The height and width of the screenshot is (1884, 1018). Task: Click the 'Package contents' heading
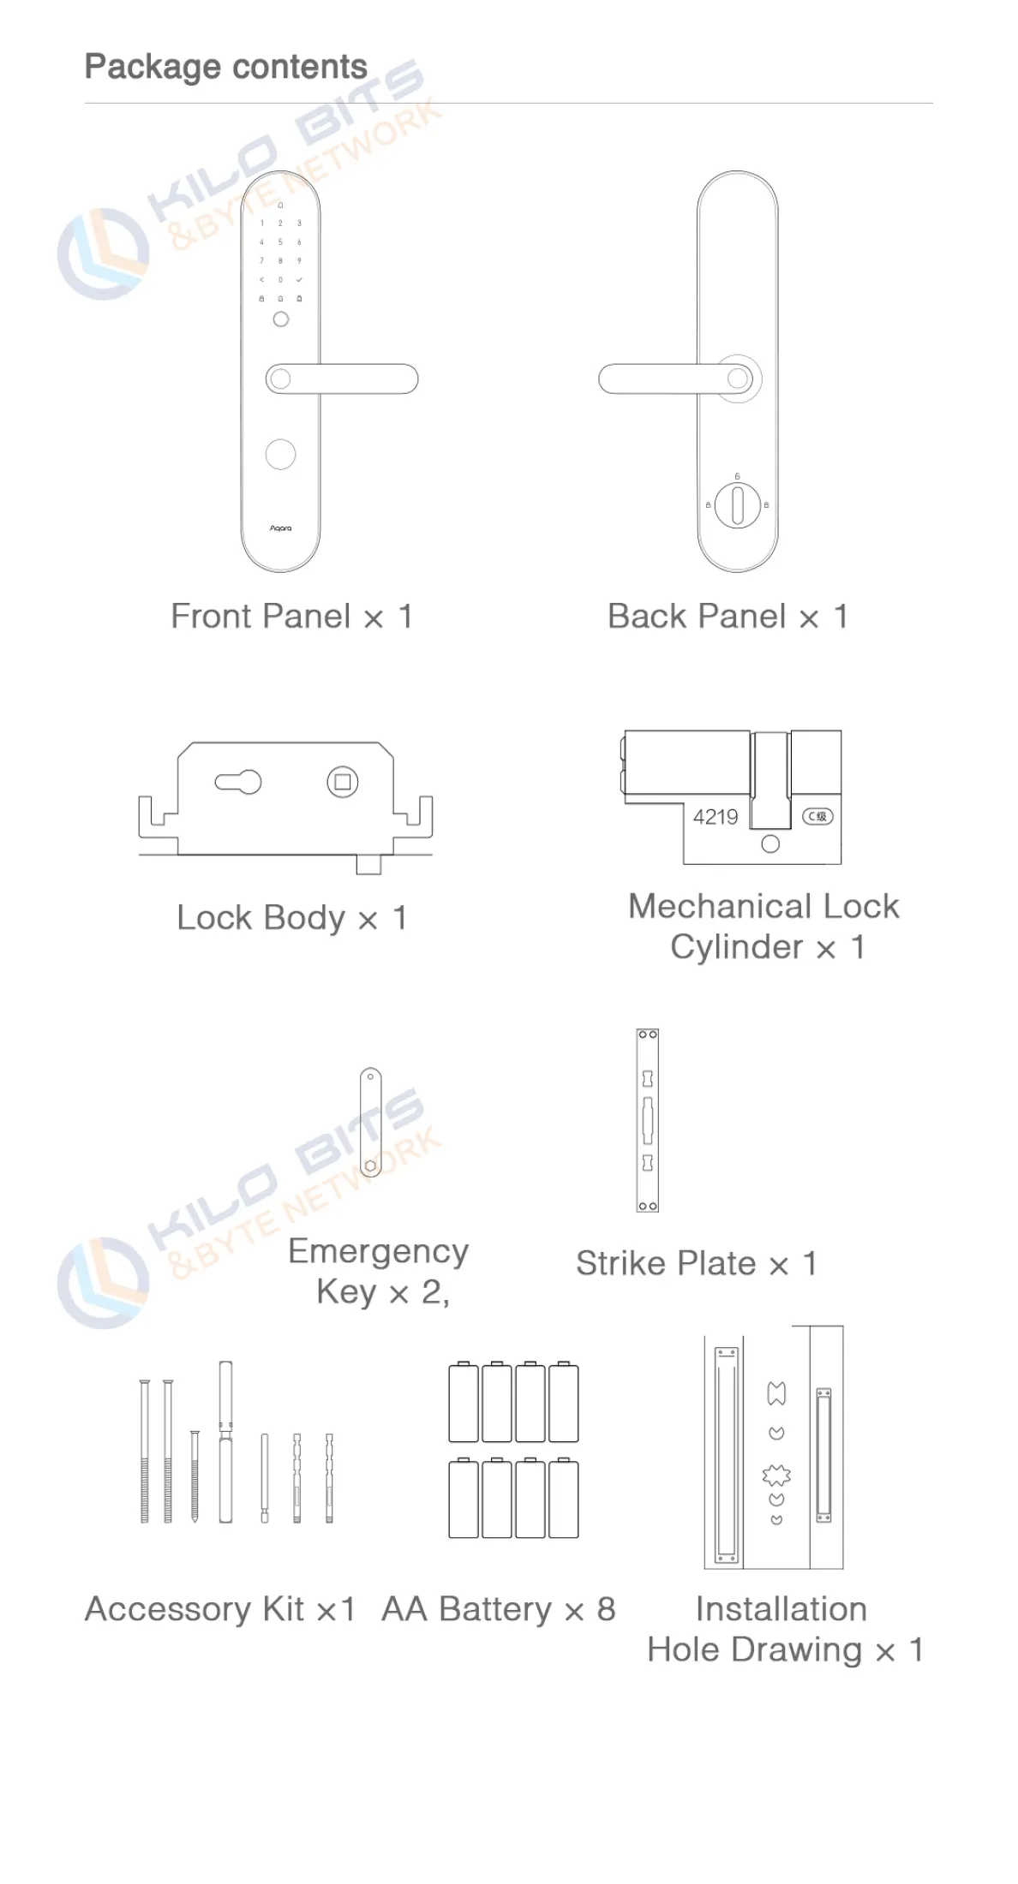(x=225, y=67)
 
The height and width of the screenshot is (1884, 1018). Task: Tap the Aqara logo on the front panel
(x=280, y=528)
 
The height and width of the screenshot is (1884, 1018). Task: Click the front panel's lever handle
(x=342, y=379)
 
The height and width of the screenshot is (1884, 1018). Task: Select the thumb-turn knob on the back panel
(x=737, y=504)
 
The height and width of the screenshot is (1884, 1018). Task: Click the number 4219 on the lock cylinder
(x=716, y=817)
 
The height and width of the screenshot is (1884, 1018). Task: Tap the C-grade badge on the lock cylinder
(x=817, y=816)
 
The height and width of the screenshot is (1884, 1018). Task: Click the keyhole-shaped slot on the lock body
(x=238, y=782)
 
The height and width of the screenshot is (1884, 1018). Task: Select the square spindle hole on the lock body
(x=343, y=782)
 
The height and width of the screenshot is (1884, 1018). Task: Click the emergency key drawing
(x=370, y=1122)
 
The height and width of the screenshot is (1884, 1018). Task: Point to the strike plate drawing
(x=648, y=1120)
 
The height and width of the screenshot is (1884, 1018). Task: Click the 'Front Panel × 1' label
(x=292, y=617)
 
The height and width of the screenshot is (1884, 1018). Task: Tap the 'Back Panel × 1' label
(x=728, y=617)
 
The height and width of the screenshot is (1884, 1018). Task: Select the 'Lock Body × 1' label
(x=292, y=918)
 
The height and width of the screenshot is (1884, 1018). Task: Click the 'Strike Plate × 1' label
(x=697, y=1263)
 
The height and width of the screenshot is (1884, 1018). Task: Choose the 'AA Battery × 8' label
(x=499, y=1609)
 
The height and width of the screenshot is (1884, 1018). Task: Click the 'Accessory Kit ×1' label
(x=220, y=1609)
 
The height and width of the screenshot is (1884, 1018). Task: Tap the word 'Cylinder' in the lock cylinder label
(x=737, y=947)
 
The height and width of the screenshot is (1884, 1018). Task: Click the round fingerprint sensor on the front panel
(x=280, y=454)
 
